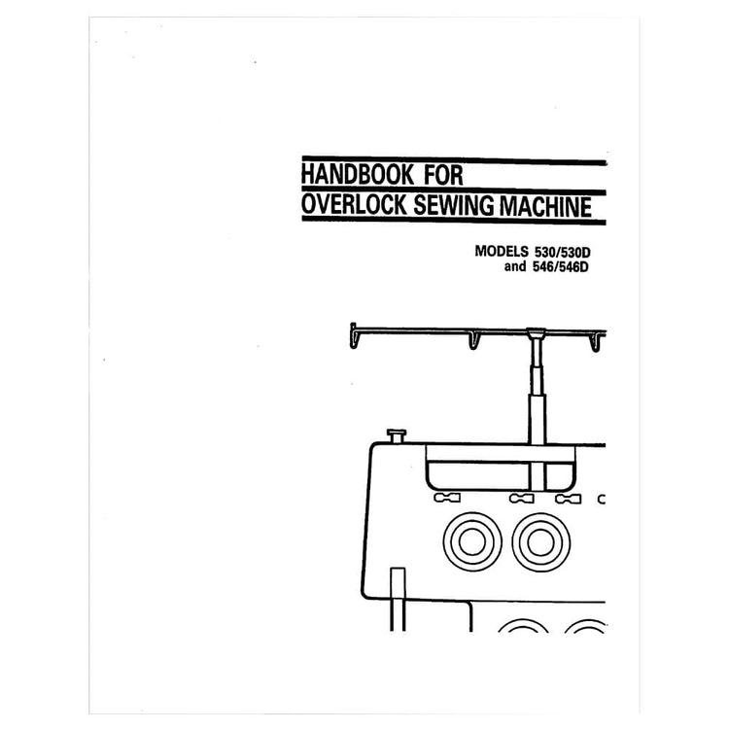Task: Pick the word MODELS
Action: (x=508, y=250)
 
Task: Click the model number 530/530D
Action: (x=569, y=250)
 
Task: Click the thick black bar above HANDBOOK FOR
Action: (x=452, y=158)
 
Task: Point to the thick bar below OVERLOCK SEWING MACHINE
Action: (x=452, y=224)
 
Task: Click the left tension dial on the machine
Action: (x=471, y=539)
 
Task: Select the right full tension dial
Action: (x=539, y=539)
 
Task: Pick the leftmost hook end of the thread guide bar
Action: (x=356, y=336)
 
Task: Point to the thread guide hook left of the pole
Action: (x=473, y=340)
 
